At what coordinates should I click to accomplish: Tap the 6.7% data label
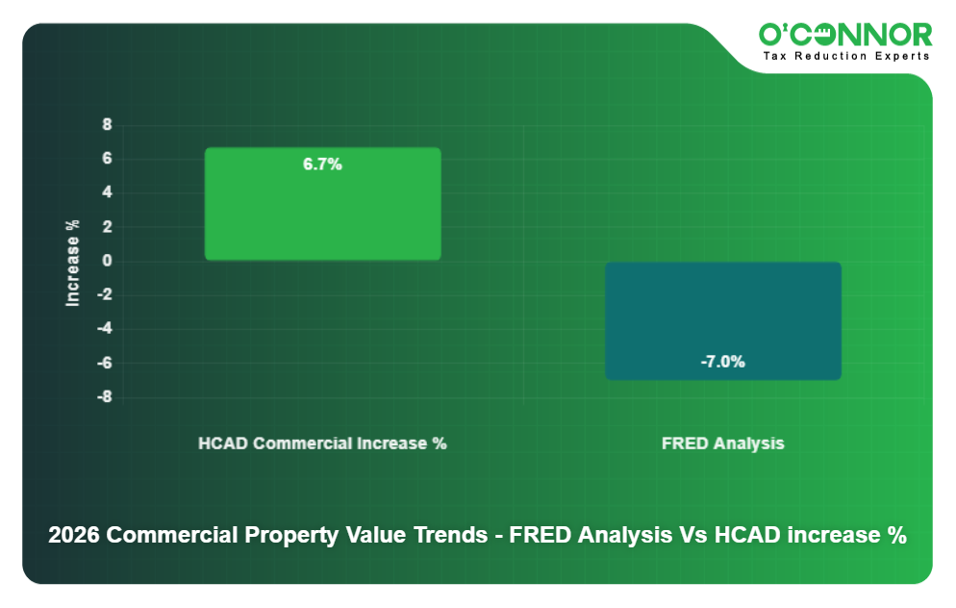[322, 165]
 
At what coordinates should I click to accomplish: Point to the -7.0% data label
[723, 362]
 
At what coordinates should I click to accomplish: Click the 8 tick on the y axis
[107, 125]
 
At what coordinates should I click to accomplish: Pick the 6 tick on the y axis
[107, 159]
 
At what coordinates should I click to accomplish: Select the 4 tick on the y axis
[107, 192]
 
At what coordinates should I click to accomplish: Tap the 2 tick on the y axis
[107, 227]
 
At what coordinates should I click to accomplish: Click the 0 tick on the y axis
[107, 261]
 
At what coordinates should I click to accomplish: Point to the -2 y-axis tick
[104, 294]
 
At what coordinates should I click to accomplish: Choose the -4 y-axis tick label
[104, 329]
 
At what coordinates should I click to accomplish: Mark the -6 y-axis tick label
[104, 363]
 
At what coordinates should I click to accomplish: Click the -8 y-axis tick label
[104, 396]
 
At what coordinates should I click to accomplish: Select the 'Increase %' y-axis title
[72, 263]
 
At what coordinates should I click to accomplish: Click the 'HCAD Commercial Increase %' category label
[322, 443]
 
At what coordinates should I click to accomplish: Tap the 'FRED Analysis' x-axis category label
[723, 443]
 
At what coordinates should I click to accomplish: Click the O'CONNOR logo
[845, 35]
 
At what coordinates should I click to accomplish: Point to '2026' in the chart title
[74, 536]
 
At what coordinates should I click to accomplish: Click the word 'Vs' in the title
[692, 536]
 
